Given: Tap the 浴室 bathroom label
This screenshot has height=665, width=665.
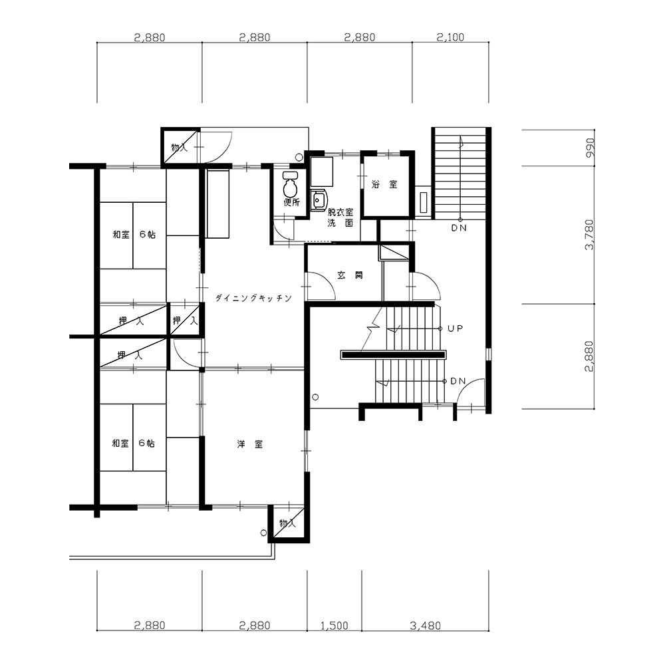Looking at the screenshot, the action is [x=384, y=184].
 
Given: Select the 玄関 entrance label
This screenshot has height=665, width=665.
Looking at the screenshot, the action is [x=350, y=275].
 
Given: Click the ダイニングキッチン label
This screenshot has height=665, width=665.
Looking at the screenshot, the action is [x=253, y=298].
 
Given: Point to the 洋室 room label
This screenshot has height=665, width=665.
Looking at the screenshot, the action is [x=250, y=444].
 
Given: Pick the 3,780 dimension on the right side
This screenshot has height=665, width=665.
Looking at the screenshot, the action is [x=589, y=235].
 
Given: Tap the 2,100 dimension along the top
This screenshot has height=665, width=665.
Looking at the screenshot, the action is [x=450, y=37].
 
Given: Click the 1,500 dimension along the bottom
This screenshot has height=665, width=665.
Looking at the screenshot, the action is [x=334, y=626].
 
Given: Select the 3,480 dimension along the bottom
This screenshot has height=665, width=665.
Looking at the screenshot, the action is [x=426, y=626].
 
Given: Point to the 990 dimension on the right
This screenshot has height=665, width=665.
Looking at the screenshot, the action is [x=590, y=148].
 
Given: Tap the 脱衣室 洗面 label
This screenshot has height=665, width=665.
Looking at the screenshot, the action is [x=340, y=217].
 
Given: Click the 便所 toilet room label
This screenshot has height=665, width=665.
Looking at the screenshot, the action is [x=292, y=202].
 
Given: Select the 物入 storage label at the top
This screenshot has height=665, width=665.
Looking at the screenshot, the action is [x=180, y=148].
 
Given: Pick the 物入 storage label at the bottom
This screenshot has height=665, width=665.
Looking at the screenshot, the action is [x=287, y=523].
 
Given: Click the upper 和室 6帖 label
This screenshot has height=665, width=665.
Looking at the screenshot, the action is [x=134, y=234].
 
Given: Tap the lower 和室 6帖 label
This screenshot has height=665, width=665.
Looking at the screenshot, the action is [x=133, y=443].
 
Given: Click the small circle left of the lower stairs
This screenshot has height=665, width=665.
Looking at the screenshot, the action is [x=315, y=398].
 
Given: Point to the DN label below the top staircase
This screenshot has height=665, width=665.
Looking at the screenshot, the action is [x=459, y=227].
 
